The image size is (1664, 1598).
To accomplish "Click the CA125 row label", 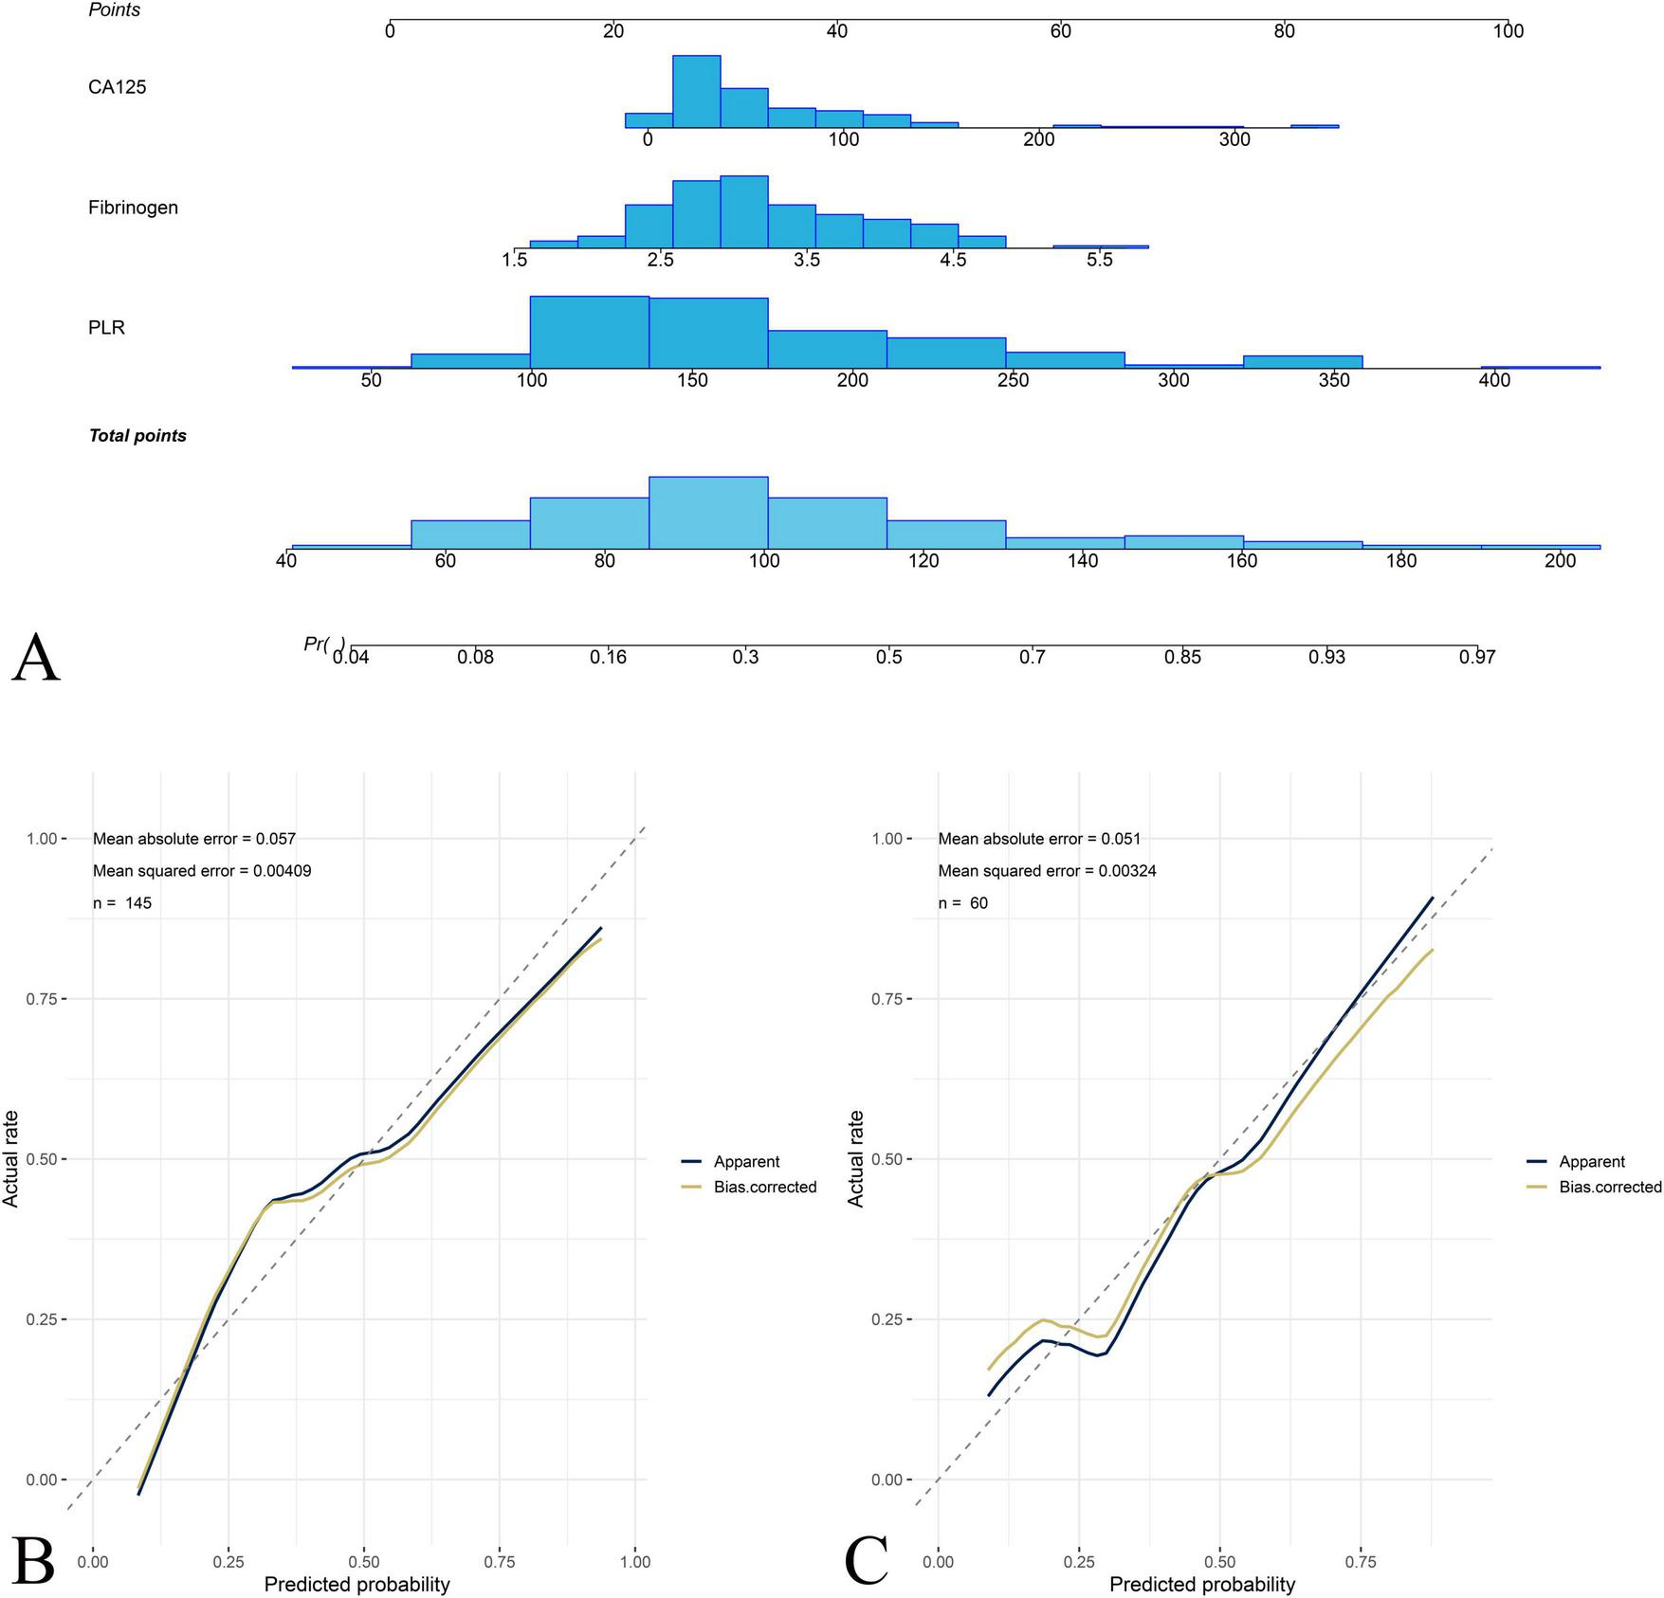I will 118,87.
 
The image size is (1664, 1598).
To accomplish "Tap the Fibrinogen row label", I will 133,208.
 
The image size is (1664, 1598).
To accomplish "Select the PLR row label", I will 106,328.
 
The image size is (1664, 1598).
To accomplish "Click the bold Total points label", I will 137,436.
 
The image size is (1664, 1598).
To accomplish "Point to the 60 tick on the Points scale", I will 1060,31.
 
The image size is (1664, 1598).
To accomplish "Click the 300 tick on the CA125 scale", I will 1234,140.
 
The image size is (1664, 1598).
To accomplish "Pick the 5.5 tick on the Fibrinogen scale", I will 1100,261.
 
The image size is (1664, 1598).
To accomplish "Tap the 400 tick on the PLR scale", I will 1495,381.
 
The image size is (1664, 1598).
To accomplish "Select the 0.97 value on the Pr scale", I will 1477,657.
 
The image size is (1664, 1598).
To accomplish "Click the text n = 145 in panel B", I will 122,903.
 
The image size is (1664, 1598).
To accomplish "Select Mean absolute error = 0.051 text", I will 1039,839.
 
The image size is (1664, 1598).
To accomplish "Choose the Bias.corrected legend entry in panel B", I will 764,1187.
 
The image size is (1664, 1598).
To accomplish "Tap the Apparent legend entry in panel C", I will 1592,1162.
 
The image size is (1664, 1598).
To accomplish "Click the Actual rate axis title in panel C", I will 856,1158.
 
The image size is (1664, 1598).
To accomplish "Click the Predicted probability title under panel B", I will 357,1584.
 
